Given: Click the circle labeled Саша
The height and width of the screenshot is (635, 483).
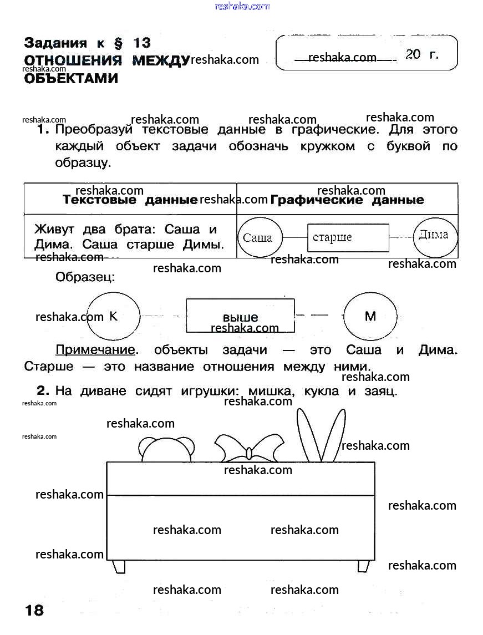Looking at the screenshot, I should coord(258,237).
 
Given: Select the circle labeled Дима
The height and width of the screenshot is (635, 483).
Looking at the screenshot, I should coord(435,235).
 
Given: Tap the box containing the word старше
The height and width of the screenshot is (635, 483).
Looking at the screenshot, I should coord(348,237).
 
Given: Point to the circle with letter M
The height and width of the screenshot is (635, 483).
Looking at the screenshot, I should coord(370,316).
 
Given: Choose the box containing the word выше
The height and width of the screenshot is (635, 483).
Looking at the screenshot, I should coord(240,316).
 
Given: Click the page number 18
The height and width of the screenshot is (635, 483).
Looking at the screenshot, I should coord(34,611).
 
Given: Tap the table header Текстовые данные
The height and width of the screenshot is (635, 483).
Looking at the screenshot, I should coord(130,200).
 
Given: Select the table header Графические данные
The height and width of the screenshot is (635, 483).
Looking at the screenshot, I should coord(348,200).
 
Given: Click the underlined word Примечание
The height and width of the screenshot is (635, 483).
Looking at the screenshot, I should coord(95,350).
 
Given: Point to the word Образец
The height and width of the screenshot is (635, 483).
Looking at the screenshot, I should coord(85,277).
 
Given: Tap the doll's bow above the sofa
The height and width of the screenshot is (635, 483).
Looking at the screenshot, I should coord(249,448).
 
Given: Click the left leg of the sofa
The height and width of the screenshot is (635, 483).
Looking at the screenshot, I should coord(119,566).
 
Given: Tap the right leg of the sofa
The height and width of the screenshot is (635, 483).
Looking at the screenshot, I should coord(363,566).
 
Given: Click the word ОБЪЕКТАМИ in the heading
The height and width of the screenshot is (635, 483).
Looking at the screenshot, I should coord(71,79).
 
